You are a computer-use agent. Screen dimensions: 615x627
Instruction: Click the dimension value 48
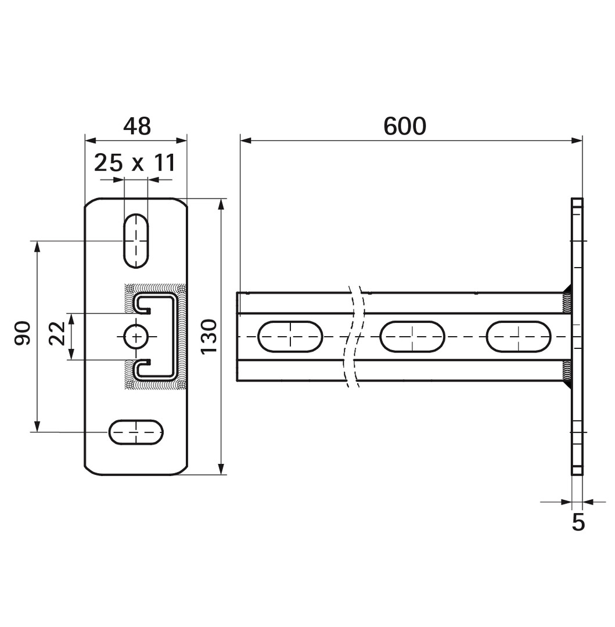coord(137,127)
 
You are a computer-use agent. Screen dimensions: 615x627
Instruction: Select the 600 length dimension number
coord(405,127)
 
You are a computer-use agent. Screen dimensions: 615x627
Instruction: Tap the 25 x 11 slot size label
coord(135,163)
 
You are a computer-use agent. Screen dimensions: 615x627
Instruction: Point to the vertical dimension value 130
coord(208,336)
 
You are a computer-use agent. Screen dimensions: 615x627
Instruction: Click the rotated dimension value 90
coord(23,333)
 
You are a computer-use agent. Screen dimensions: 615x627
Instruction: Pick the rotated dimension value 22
coord(57,333)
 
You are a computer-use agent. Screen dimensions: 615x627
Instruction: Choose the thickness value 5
coord(578,522)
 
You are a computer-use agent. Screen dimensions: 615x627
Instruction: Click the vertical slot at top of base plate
coord(136,241)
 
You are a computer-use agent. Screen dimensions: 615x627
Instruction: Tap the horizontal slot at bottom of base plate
coord(136,433)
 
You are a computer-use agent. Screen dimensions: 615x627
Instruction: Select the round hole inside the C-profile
coord(136,337)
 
